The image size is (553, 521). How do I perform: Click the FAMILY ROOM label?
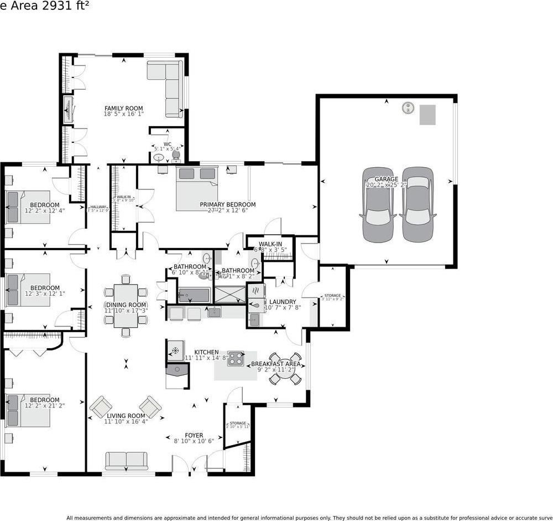pos(123,109)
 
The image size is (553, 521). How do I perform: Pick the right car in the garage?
pos(418,205)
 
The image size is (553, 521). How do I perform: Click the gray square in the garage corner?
pos(427,115)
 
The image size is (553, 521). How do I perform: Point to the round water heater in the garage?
pos(408,107)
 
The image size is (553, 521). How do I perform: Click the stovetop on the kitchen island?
pos(236,359)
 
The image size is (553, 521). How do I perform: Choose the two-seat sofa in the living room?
pos(126,460)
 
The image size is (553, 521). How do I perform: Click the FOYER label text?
pos(194,436)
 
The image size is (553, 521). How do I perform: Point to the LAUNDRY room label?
pos(283,302)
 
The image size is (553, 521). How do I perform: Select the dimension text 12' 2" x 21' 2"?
pos(44,406)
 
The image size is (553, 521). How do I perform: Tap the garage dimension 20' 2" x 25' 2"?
pos(387,185)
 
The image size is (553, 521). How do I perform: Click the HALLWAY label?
pos(98,207)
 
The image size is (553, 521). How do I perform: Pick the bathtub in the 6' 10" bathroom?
pos(194,294)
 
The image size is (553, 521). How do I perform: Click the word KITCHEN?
pos(206,352)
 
